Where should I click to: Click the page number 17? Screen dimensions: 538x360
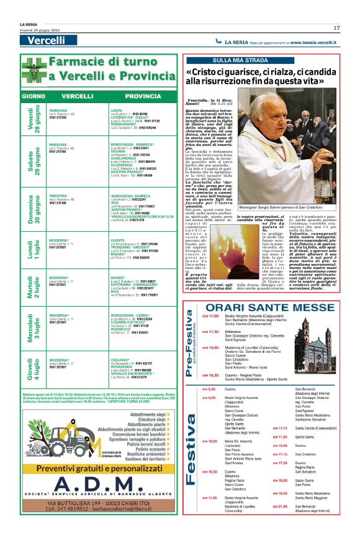pos(336,27)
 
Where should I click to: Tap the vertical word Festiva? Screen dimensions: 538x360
pos(191,447)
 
